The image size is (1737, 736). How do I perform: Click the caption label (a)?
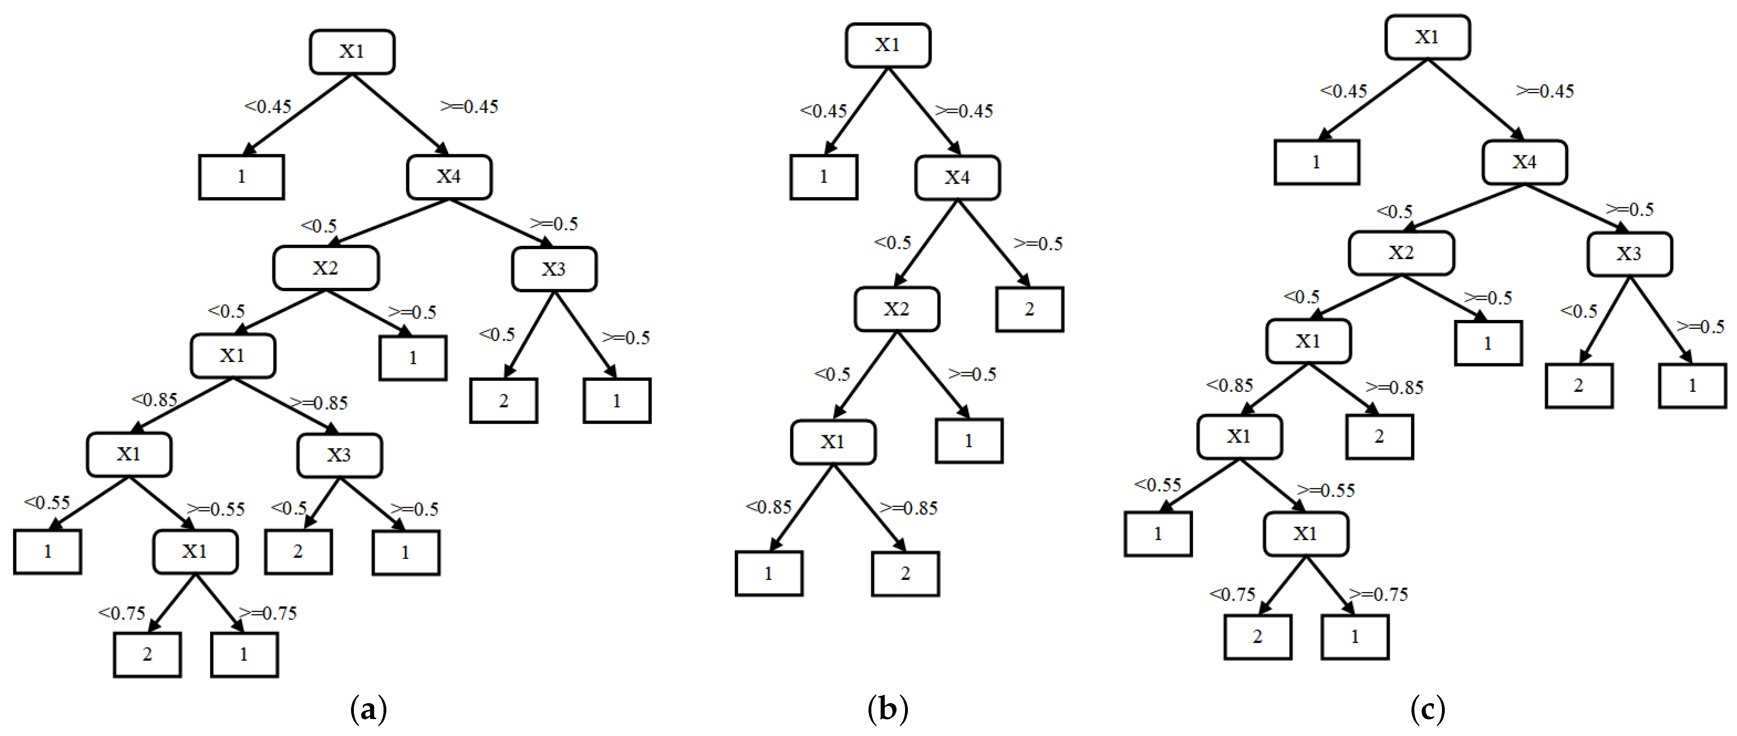click(369, 710)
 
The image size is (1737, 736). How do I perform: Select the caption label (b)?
click(888, 710)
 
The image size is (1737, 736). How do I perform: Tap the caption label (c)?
click(1427, 710)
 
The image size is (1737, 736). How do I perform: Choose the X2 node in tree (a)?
click(325, 268)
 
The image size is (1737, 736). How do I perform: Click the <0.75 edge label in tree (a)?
click(122, 613)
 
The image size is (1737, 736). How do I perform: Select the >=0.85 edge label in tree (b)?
click(909, 508)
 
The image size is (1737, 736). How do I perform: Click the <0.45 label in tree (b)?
click(823, 111)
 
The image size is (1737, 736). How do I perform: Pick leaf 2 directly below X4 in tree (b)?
click(1029, 309)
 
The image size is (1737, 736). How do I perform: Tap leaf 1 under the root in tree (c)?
click(1316, 163)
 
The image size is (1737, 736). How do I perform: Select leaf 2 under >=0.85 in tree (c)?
click(1379, 437)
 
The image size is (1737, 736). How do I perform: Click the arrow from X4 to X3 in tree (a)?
click(499, 222)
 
